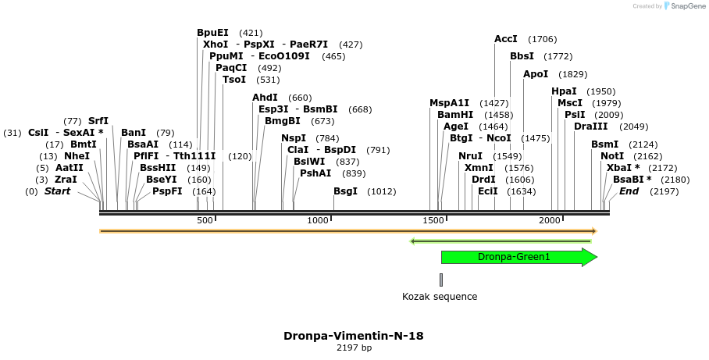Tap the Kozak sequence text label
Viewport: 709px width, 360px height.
440,297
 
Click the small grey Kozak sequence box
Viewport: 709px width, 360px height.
441,280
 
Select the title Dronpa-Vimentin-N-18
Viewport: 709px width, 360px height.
354,336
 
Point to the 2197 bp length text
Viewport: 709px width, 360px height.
354,348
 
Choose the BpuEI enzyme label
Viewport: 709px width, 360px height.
212,33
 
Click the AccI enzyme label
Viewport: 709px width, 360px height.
506,39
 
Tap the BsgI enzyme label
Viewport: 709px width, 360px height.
346,191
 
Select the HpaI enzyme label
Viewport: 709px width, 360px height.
564,91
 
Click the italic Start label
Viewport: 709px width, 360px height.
57,191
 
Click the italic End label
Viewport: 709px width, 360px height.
629,191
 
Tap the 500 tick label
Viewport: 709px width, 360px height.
205,221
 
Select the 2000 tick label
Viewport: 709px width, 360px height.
550,221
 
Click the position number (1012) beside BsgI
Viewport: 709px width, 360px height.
382,191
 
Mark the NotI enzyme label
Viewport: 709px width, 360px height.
612,156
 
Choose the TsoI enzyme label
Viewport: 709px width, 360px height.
234,80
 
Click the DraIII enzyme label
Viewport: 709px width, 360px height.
590,127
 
